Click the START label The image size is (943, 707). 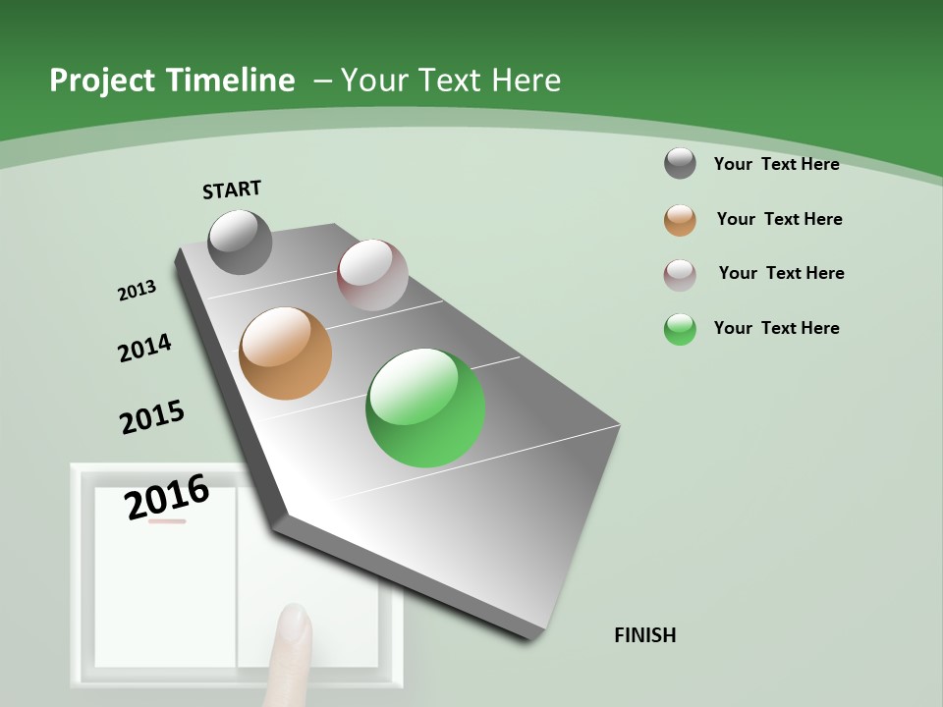coord(232,190)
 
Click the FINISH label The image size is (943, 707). coord(645,635)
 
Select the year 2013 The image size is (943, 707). coord(137,291)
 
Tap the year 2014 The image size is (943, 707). coord(144,349)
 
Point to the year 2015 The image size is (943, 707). coord(152,417)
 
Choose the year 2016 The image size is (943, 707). coord(168,497)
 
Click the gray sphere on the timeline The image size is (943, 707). coord(241,242)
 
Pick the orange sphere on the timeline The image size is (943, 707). coord(286,353)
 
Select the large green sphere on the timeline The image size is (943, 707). coord(425,408)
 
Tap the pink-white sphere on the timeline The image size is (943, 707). coord(372,275)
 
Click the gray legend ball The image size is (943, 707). coord(680,163)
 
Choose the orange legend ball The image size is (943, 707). coord(680,220)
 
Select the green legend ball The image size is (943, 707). coord(680,329)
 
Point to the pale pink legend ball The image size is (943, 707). coord(680,275)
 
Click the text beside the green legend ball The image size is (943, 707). coord(777,328)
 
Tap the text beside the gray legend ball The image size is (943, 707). coord(777,164)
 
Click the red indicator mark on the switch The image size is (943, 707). coord(167,521)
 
